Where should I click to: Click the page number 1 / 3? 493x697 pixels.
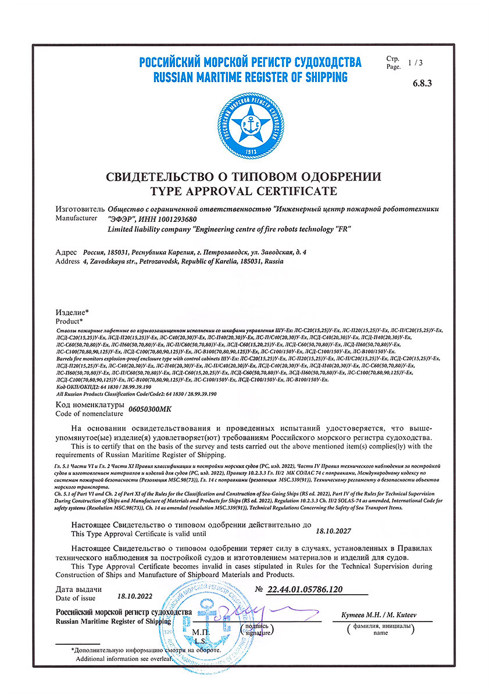click(x=416, y=62)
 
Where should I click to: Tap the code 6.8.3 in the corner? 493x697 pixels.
click(x=423, y=83)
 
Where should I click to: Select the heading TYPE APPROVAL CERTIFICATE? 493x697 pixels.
click(x=244, y=191)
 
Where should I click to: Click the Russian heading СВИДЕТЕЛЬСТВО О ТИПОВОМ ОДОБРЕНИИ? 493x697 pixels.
click(x=244, y=177)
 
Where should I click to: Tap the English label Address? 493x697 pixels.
click(x=67, y=262)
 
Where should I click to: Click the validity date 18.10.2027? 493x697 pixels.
click(x=333, y=530)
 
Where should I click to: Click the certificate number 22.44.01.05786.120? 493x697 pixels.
click(x=304, y=590)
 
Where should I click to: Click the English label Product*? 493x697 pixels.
click(x=69, y=321)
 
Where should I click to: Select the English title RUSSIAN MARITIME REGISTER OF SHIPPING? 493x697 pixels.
click(x=250, y=77)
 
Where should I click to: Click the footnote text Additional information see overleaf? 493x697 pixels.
click(x=125, y=659)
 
